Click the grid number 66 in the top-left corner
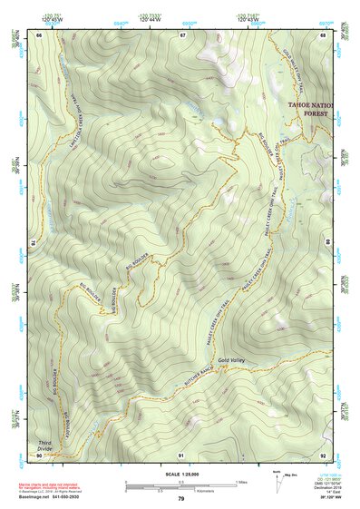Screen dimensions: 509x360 pos(39,35)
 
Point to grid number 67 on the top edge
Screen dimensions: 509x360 pos(182,35)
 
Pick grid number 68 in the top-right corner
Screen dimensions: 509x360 pos(325,35)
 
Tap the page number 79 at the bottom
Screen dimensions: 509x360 pos(180,499)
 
